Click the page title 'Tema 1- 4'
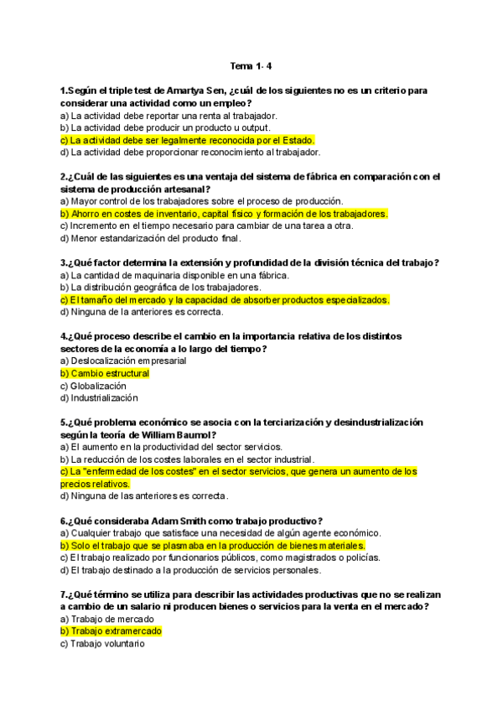point(251,65)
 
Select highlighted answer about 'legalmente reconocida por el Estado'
point(187,140)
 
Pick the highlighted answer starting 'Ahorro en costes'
point(224,214)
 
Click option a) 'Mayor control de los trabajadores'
point(189,201)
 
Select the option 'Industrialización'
point(99,398)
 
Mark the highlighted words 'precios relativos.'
point(95,484)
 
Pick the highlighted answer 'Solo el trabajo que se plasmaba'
point(212,545)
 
